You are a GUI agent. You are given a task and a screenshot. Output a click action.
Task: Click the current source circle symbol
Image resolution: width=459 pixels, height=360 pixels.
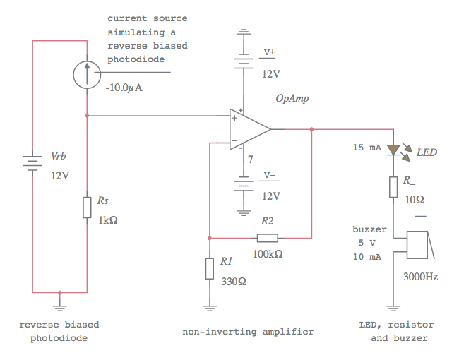86,73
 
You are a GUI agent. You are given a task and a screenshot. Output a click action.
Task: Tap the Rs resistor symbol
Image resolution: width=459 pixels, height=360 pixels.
86,208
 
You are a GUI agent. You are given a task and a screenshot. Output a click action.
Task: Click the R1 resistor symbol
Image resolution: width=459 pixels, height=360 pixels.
209,268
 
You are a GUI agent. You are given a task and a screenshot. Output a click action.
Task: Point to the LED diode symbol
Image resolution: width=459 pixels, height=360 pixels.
393,150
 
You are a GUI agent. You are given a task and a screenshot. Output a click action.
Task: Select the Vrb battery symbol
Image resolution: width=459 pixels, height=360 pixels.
32,164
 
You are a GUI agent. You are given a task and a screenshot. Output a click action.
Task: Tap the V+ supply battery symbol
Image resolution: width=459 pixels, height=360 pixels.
244,62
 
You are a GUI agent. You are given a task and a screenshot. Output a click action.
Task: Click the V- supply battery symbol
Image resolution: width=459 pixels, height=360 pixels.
244,185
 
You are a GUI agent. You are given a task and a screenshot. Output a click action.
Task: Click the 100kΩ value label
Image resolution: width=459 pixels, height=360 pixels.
268,253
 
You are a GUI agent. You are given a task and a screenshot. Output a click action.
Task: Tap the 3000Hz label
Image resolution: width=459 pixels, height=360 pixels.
420,277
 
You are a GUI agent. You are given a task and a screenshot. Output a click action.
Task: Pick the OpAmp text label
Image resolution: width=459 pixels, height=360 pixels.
292,98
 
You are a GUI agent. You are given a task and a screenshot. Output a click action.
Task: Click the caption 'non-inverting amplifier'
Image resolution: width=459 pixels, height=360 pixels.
248,331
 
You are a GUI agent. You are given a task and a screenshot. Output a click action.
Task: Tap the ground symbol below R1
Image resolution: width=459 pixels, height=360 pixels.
209,307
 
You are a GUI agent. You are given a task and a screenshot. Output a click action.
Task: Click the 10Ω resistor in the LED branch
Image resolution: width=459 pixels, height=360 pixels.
393,187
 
